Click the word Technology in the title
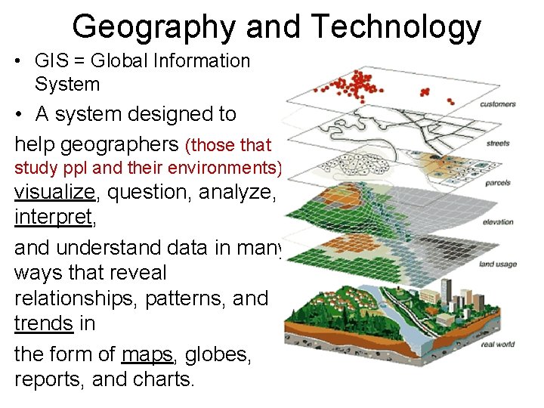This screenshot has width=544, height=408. pos(396,28)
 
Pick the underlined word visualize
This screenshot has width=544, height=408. pos(55,192)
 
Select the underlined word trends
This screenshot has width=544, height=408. pos(44,324)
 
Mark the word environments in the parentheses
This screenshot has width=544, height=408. pos(227,166)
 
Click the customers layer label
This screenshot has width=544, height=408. pos(498,104)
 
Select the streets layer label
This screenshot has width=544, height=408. pos(498,144)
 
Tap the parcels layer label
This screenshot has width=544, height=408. pos(498,183)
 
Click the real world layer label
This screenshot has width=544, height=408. pos(496,345)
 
